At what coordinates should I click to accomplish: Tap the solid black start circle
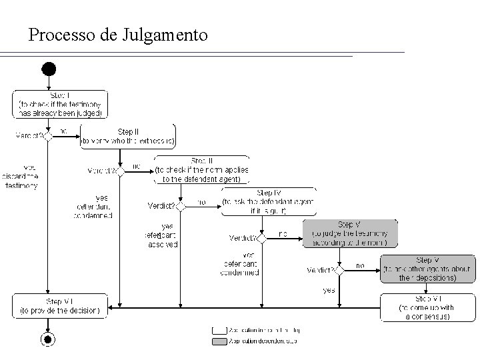click(48, 69)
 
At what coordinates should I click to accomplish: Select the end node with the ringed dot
click(48, 339)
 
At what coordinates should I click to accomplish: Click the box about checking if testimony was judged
click(60, 105)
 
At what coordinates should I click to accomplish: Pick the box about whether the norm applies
click(202, 170)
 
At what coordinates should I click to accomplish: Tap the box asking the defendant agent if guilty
click(269, 201)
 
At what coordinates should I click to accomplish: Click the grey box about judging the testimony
click(350, 234)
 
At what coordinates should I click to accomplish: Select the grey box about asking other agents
click(427, 269)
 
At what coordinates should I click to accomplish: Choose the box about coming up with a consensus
click(427, 307)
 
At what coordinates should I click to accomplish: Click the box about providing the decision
click(60, 305)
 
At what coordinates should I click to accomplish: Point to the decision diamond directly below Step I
click(48, 135)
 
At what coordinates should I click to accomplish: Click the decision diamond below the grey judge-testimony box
click(339, 270)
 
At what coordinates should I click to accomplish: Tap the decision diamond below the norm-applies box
click(186, 205)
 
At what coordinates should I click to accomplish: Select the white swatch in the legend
click(219, 330)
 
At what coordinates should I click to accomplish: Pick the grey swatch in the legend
click(219, 341)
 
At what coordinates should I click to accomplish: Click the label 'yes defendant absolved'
click(161, 235)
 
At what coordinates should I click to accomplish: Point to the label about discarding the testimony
click(22, 177)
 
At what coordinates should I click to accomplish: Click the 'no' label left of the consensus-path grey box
click(360, 265)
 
